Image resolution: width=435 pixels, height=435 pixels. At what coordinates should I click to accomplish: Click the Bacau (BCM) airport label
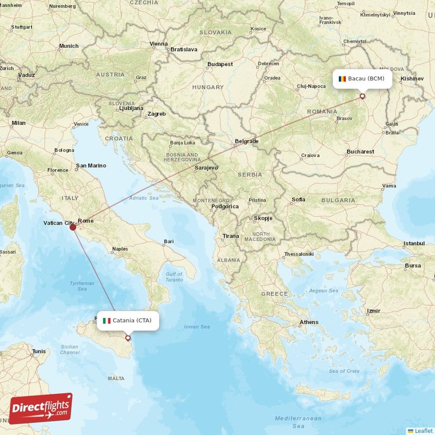click(366, 79)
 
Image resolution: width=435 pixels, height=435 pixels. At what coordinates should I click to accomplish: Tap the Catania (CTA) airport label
click(132, 320)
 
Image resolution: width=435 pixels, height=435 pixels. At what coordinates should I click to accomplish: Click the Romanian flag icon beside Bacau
click(341, 79)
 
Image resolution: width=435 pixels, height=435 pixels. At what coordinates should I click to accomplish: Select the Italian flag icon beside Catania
click(107, 320)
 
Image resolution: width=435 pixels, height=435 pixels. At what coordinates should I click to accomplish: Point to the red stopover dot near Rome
click(73, 226)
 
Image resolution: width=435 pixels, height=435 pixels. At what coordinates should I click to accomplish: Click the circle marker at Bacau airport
click(362, 97)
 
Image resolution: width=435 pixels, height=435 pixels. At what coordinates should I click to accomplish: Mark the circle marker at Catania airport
click(128, 338)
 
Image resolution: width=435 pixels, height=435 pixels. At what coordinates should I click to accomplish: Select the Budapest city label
click(220, 64)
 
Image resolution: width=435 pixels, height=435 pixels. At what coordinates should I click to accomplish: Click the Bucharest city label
click(360, 152)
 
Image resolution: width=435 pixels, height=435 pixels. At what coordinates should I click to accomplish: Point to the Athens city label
click(309, 322)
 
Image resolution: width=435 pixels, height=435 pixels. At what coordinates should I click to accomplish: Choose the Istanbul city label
click(413, 243)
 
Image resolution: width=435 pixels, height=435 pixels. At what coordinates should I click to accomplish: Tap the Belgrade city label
click(246, 141)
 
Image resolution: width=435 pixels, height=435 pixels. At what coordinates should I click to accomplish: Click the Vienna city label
click(159, 43)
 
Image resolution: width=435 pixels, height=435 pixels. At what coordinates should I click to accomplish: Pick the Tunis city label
click(39, 351)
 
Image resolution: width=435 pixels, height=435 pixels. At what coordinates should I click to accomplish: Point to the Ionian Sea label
click(197, 327)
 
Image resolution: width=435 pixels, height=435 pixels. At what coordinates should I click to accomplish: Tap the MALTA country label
click(116, 378)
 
